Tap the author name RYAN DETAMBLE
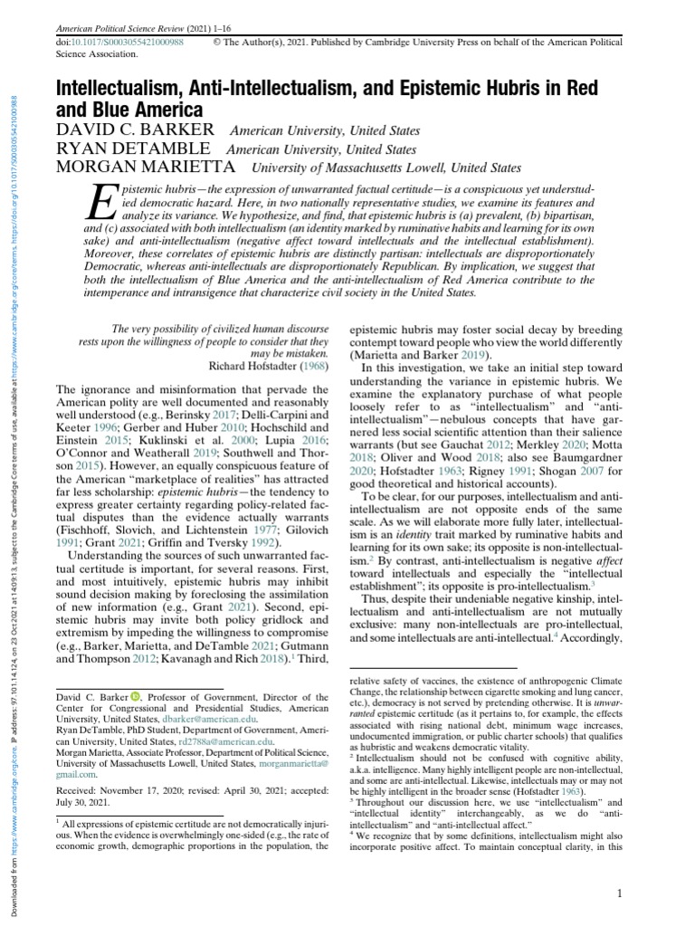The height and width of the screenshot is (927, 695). (134, 149)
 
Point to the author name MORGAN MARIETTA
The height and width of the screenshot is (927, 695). (148, 167)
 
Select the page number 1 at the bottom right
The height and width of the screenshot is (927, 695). (619, 895)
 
